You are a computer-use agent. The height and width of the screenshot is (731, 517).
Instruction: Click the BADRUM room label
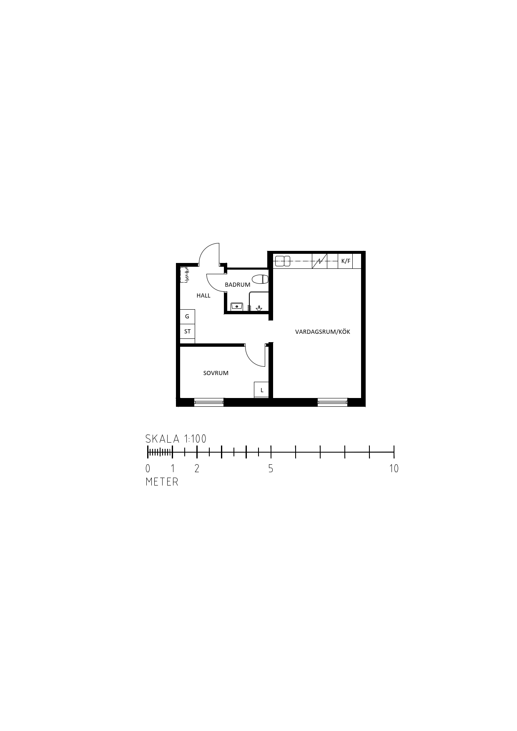pos(238,285)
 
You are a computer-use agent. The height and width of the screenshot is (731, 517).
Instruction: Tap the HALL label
pos(203,295)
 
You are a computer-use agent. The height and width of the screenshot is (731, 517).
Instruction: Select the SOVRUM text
pos(216,373)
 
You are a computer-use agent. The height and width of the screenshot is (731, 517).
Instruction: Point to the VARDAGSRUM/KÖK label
pos(323,332)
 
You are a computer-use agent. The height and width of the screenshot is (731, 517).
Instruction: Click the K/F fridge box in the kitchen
pos(346,261)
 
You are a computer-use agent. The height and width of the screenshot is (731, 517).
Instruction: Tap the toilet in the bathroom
pos(260,279)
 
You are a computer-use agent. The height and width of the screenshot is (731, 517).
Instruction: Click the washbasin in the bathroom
pos(237,306)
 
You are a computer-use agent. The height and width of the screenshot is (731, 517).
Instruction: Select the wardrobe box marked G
pos(187,317)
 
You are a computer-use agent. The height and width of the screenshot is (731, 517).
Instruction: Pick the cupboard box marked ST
pos(187,331)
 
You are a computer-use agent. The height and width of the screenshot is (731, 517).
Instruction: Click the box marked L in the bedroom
pos(261,390)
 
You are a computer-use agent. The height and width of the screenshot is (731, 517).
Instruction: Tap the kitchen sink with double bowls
pos(282,261)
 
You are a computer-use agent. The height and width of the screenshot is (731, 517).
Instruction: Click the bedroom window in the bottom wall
pos(209,402)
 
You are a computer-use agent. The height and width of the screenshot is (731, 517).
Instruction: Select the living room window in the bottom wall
pos(332,402)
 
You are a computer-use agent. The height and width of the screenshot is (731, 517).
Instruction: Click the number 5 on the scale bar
pos(271,468)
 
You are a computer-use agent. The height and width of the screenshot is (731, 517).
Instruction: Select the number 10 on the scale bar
pos(394,468)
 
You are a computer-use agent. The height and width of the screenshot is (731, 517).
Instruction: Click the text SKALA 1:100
pos(176,439)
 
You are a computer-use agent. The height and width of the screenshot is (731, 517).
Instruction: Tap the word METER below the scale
pos(162,482)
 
